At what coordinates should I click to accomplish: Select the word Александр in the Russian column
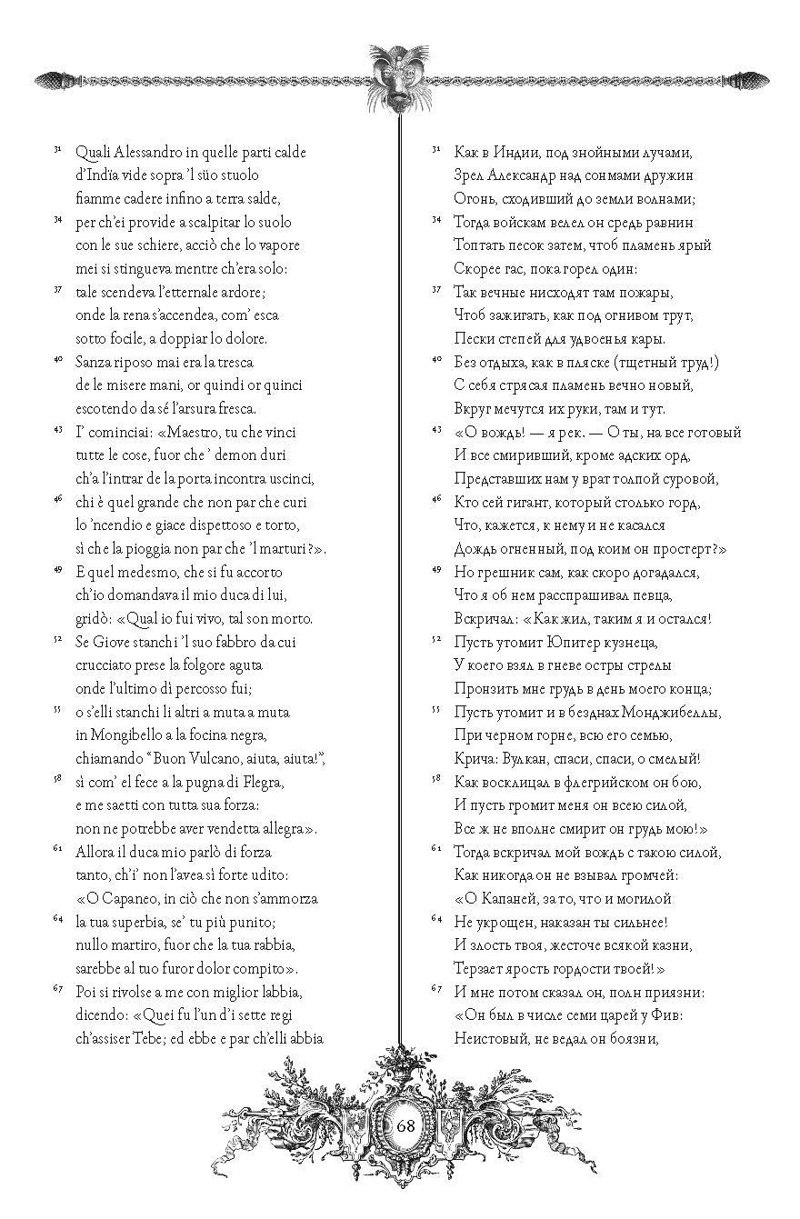[x=523, y=175]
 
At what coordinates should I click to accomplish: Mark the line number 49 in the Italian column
[x=56, y=570]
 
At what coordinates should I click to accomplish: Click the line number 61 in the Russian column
[x=435, y=849]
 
